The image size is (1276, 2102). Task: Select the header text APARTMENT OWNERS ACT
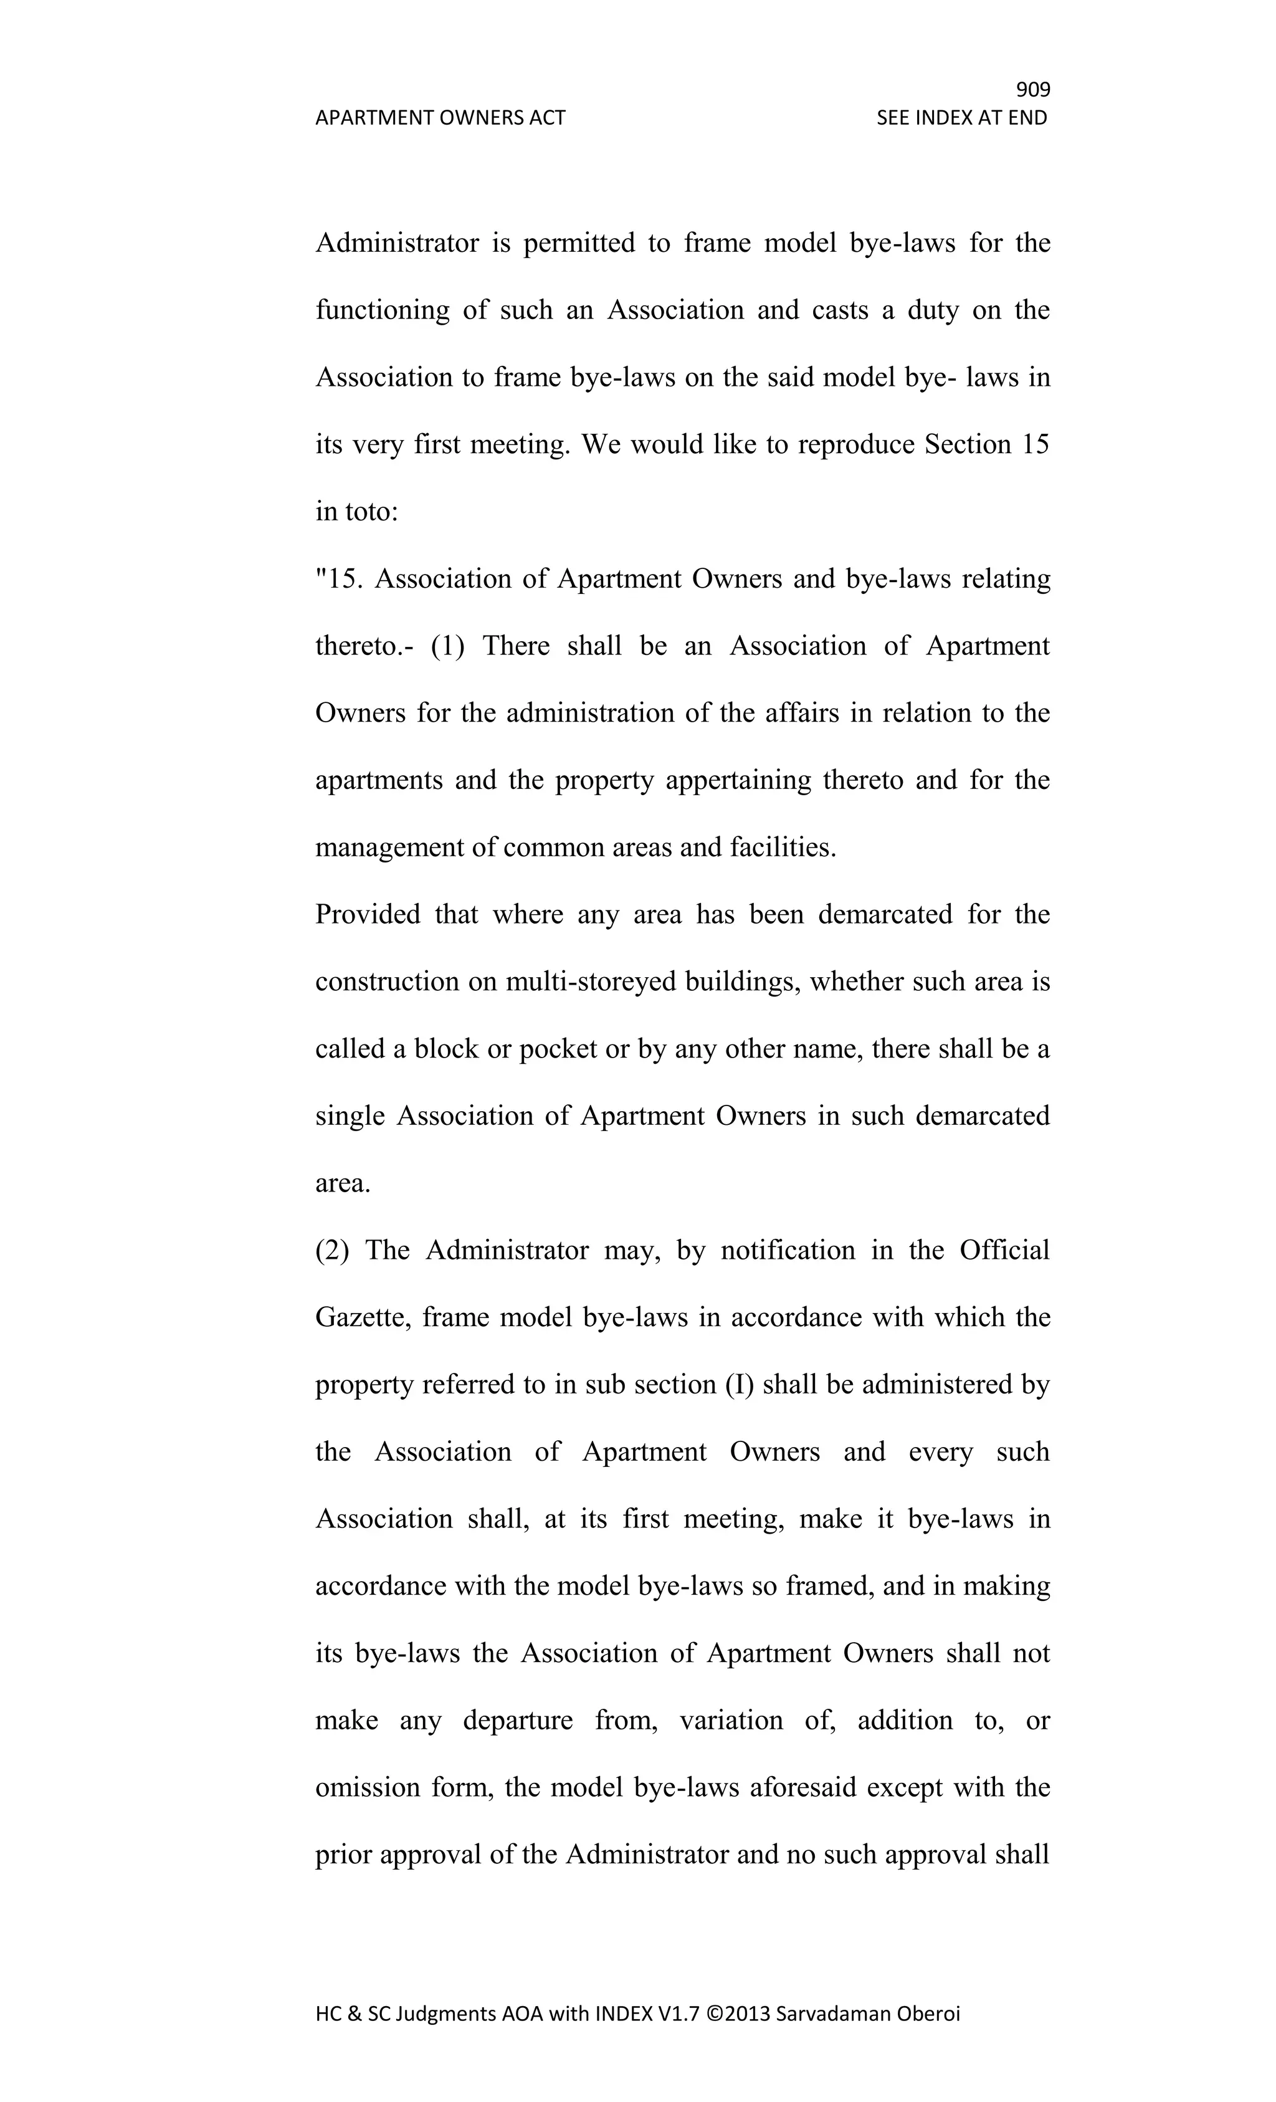click(440, 118)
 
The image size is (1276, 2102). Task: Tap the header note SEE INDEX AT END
click(961, 118)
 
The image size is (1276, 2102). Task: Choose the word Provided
click(368, 914)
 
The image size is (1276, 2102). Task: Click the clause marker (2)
click(333, 1251)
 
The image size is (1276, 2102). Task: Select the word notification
click(788, 1251)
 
